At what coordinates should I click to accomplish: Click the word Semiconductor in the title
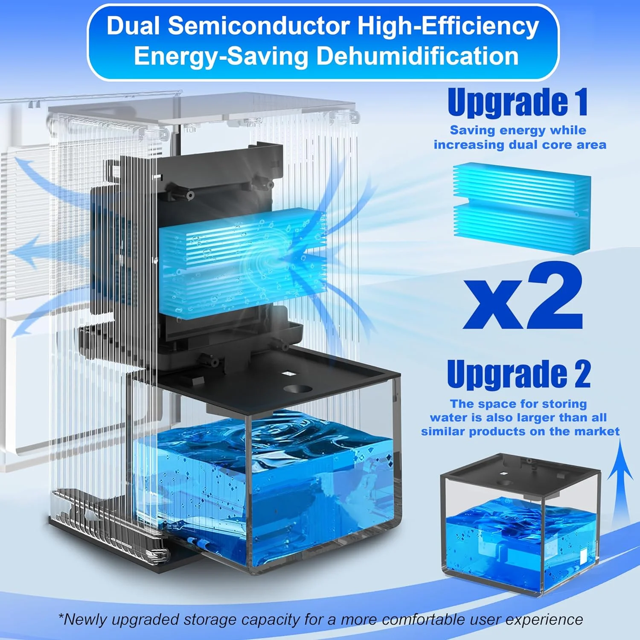258,26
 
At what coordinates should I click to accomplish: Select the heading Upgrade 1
518,102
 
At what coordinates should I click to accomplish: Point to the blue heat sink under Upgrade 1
521,208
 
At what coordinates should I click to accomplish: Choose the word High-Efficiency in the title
448,26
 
